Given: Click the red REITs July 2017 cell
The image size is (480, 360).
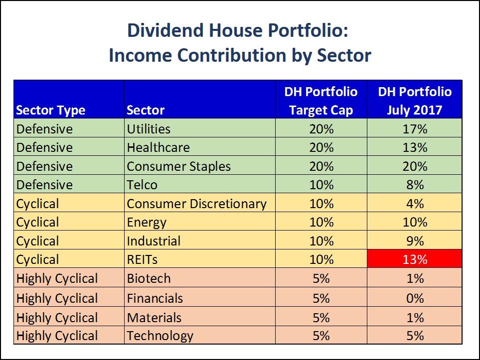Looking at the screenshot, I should point(415,259).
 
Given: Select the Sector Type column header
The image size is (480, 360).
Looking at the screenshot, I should point(50,110).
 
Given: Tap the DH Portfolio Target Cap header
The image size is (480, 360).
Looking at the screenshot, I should point(321,101).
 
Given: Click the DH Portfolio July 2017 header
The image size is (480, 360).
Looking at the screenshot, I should point(415,101).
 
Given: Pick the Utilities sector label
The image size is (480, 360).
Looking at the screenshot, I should point(149,129).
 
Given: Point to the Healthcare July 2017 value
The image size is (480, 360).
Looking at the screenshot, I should point(415,147).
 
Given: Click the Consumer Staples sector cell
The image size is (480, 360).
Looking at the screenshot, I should point(178,166).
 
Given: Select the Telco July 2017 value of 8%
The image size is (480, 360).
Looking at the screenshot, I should point(415,185).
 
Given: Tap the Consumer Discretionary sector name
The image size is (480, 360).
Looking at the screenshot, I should point(196,204).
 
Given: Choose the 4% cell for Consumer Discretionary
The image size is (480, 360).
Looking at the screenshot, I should point(415,204).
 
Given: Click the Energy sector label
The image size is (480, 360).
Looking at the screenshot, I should point(147,222).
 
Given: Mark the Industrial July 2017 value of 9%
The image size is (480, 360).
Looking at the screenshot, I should point(415,241).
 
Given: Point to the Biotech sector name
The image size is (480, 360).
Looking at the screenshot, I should point(149,278).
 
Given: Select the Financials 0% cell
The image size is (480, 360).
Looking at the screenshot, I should point(415,298).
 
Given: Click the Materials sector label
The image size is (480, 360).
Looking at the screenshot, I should point(154,317).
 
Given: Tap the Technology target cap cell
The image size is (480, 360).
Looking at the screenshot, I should point(321,336).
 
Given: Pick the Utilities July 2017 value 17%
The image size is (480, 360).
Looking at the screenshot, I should point(415,129).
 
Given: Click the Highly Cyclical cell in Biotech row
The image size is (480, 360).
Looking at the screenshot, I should point(57,278).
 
